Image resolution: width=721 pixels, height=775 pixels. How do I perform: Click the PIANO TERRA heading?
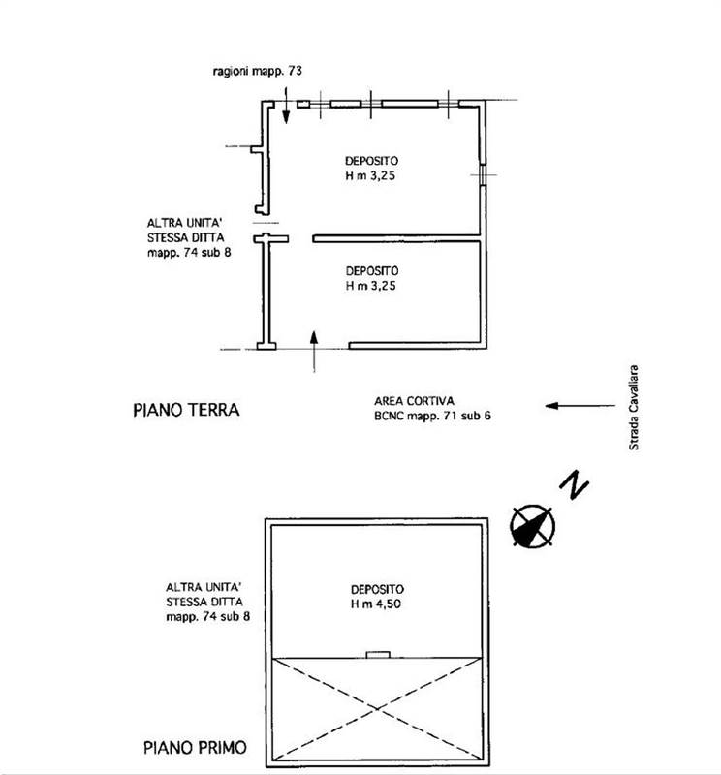pos(185,410)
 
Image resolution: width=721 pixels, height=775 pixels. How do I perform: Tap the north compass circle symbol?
pos(531,527)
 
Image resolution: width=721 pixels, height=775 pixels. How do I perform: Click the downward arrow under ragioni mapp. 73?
pos(286,105)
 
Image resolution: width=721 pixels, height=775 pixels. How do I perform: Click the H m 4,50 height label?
pos(377,604)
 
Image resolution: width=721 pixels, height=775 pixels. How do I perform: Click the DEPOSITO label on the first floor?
pos(377,589)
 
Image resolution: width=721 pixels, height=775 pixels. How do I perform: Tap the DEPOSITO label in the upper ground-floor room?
pos(372,160)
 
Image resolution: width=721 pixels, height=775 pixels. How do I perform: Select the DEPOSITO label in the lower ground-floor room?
pos(372,271)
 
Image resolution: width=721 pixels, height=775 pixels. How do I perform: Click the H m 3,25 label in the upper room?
pos(372,175)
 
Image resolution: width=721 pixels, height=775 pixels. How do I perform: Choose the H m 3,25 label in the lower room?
pos(372,287)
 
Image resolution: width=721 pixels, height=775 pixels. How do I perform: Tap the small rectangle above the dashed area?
pos(377,654)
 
